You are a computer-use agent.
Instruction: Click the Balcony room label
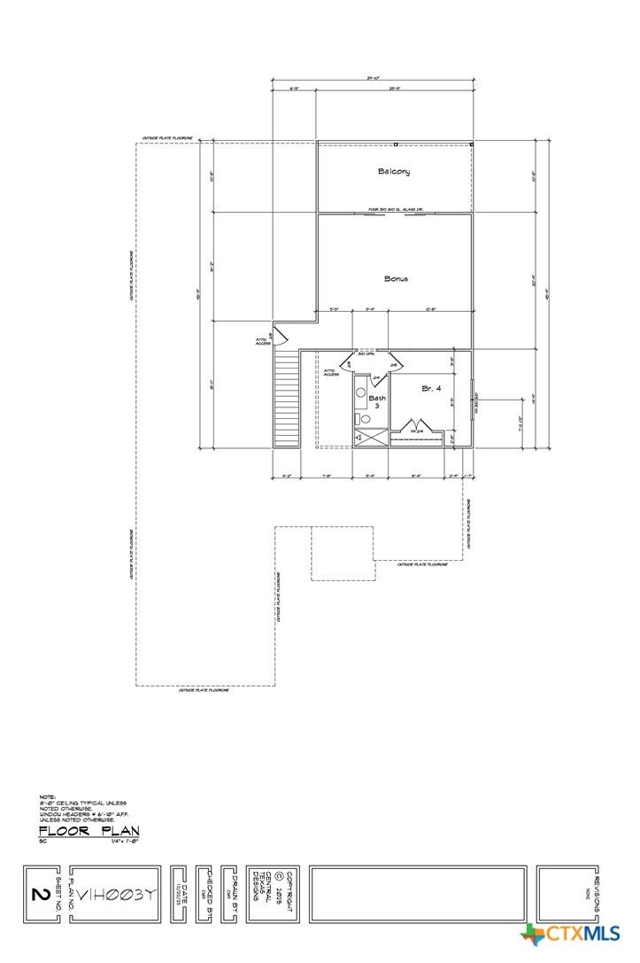tap(395, 171)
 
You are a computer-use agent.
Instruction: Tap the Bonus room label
tap(396, 278)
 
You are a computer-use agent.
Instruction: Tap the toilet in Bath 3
tap(363, 418)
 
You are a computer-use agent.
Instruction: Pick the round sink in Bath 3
tap(360, 391)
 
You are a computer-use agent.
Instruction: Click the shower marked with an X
tap(370, 438)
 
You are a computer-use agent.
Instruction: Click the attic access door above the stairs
tap(278, 336)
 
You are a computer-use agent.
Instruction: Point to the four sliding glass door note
tap(395, 211)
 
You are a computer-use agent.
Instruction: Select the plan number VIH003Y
tap(115, 895)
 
